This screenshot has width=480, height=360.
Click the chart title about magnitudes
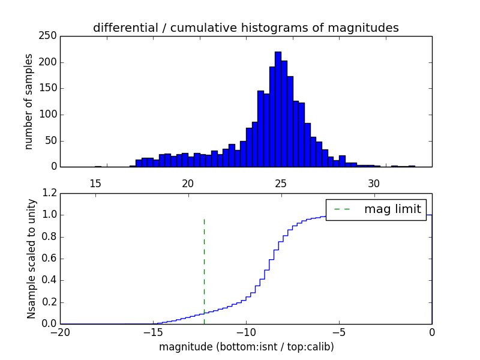pyautogui.click(x=246, y=28)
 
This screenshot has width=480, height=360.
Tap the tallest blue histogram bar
pyautogui.click(x=278, y=108)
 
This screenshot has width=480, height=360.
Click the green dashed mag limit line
pyautogui.click(x=204, y=264)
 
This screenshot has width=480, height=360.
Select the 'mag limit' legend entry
pyautogui.click(x=376, y=209)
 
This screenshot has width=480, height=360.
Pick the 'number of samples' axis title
pyautogui.click(x=29, y=101)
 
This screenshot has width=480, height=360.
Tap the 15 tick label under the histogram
pyautogui.click(x=95, y=182)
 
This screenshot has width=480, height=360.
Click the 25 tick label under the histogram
pyautogui.click(x=281, y=182)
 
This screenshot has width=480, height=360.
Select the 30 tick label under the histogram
pyautogui.click(x=374, y=182)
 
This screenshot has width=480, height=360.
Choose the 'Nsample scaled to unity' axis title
pyautogui.click(x=31, y=259)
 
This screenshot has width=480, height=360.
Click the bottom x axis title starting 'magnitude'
pyautogui.click(x=246, y=347)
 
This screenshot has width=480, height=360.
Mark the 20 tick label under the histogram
pyautogui.click(x=188, y=182)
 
